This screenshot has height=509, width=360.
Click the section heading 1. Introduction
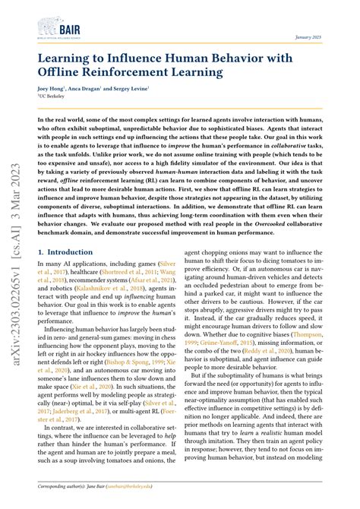coord(68,251)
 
